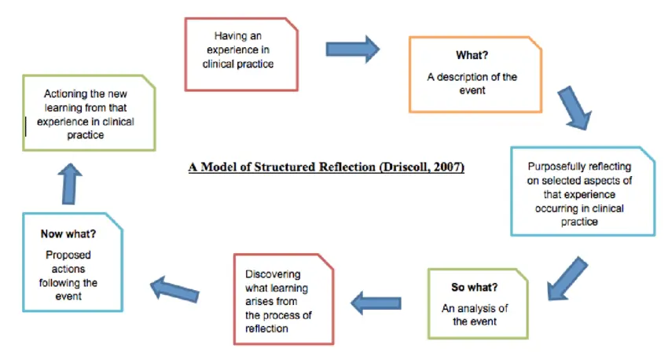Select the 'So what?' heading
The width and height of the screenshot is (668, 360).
point(475,287)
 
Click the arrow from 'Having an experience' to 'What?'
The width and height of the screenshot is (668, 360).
point(353,50)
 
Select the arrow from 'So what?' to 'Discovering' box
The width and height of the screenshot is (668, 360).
point(376,301)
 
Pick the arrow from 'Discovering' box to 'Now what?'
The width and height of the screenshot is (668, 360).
point(178,288)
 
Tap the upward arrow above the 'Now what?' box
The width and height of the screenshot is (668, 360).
point(70,182)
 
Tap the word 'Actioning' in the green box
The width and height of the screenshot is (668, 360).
point(67,94)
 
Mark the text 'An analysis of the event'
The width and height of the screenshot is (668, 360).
point(474,314)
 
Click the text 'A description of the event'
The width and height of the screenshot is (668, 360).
point(472,83)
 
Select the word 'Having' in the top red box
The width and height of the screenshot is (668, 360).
point(229,36)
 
